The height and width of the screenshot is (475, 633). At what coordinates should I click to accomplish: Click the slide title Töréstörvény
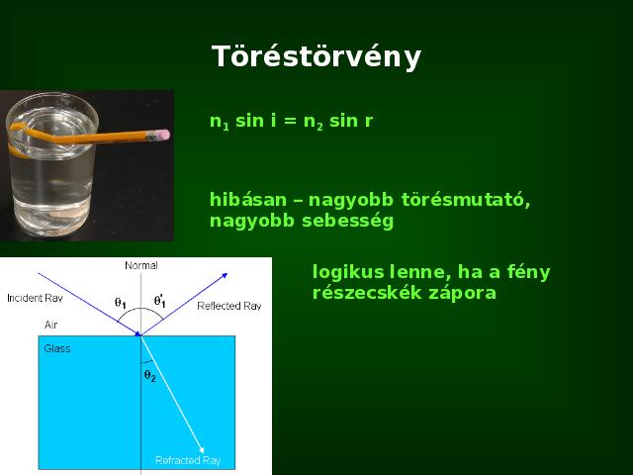[x=316, y=57]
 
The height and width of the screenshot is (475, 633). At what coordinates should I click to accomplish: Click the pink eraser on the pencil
[x=163, y=135]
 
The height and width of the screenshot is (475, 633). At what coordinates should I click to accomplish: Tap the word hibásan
[x=248, y=200]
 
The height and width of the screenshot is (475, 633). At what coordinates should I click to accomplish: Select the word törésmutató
[x=466, y=200]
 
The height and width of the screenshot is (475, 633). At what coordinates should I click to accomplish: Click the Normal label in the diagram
[x=141, y=265]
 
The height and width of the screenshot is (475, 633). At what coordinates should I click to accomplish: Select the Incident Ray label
[x=36, y=298]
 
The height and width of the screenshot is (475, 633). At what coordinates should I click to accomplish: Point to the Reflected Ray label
[x=229, y=306]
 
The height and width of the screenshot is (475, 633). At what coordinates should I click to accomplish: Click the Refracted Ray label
[x=188, y=460]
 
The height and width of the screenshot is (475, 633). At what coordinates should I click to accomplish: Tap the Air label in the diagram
[x=50, y=325]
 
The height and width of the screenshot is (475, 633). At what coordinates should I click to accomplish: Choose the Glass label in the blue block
[x=57, y=348]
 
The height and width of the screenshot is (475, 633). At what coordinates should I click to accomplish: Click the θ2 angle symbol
[x=149, y=376]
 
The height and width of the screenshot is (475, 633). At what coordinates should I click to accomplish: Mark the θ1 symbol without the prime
[x=121, y=303]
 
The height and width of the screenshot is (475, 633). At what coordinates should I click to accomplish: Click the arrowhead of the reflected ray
[x=225, y=276]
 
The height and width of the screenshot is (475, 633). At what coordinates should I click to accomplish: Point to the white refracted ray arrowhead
[x=201, y=449]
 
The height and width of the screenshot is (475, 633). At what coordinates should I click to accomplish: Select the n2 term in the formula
[x=314, y=122]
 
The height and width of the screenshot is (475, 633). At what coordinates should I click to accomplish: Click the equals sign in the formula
[x=290, y=121]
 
